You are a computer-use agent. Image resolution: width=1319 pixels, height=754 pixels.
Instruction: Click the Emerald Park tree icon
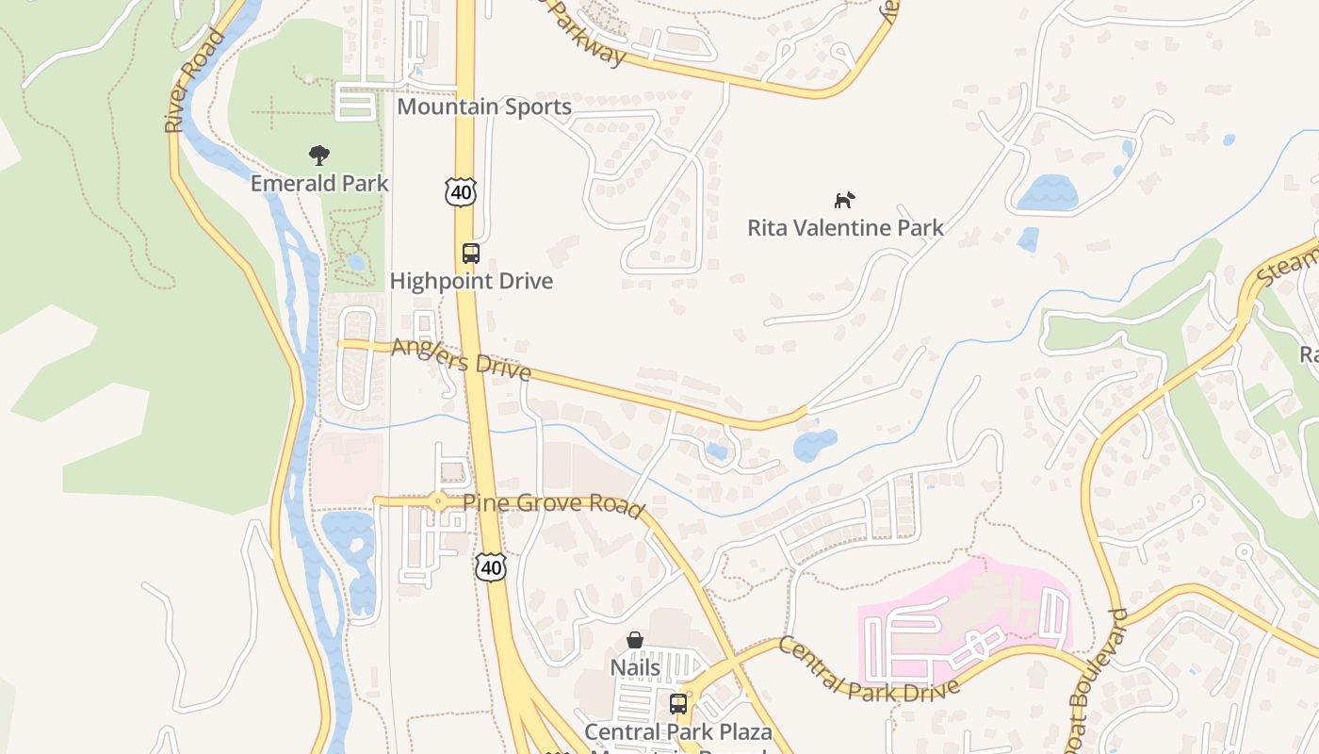[x=319, y=155]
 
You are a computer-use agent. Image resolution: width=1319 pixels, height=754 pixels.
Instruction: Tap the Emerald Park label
[x=319, y=183]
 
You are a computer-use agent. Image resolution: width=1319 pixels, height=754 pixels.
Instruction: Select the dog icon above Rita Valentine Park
[x=844, y=200]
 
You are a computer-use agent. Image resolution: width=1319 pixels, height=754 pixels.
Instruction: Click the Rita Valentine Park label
[x=845, y=227]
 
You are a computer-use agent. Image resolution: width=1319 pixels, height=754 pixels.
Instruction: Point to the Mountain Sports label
[x=483, y=107]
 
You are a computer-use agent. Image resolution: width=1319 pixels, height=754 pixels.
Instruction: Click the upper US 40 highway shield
[x=461, y=191]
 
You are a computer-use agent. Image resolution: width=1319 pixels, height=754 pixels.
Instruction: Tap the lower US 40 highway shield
[x=490, y=566]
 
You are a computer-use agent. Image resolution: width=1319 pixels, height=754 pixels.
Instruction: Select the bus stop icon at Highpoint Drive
[x=470, y=253]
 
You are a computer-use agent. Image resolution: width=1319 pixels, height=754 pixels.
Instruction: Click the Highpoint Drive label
[x=471, y=281]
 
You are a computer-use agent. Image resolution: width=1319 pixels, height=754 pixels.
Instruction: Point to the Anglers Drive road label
[x=462, y=359]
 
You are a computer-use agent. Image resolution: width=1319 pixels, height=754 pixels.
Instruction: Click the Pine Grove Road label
[x=553, y=503]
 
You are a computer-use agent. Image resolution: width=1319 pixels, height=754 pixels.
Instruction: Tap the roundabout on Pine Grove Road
[x=438, y=501]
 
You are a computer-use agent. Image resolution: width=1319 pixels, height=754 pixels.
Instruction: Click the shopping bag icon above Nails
[x=635, y=640]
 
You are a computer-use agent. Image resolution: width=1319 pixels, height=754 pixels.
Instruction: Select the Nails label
[x=635, y=667]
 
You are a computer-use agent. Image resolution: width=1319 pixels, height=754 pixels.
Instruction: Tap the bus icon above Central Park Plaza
[x=677, y=703]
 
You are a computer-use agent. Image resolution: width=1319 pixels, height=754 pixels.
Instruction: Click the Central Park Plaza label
[x=677, y=731]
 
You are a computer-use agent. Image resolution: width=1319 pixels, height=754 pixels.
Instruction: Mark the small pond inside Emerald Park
[x=355, y=262]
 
